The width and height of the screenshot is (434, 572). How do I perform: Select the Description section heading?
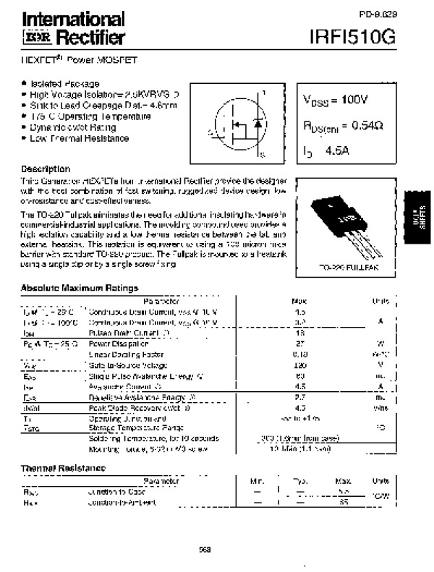(46, 168)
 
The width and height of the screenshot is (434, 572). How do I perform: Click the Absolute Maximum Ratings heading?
(80, 288)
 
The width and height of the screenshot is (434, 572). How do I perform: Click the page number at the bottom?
(205, 550)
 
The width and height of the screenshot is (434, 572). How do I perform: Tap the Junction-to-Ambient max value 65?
(344, 502)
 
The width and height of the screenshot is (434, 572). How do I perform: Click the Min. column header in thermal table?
(258, 480)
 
